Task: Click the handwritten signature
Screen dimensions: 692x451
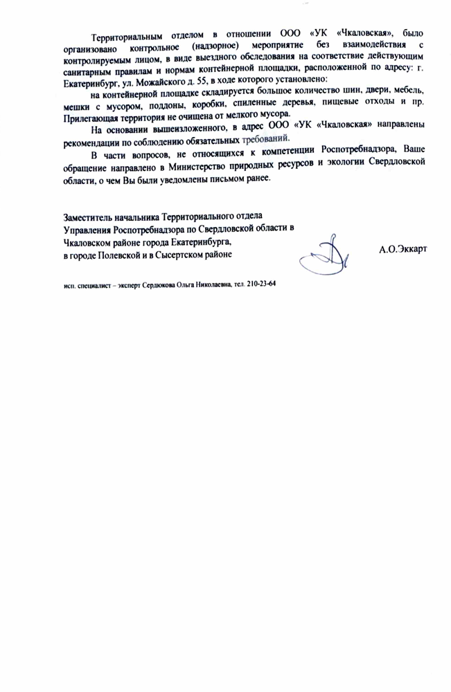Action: click(x=325, y=256)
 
